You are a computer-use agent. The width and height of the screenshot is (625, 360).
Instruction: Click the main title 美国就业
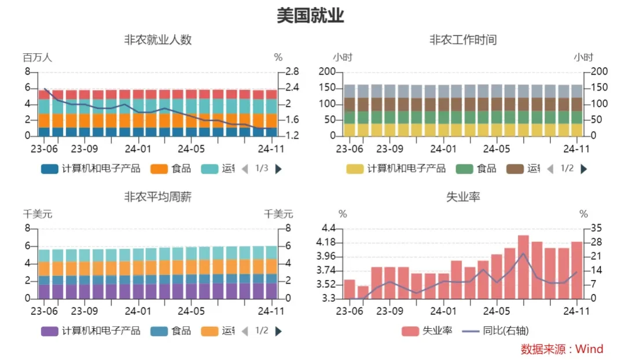tap(311, 16)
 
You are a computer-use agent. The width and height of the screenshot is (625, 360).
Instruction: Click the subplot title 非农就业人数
tap(157, 40)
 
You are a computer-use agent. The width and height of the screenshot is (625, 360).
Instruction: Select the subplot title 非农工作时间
tap(463, 40)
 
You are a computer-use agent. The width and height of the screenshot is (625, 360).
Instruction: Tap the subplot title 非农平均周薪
tap(157, 197)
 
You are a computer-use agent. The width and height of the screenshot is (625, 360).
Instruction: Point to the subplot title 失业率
tap(463, 197)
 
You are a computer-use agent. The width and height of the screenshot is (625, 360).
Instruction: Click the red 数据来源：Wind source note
tap(562, 349)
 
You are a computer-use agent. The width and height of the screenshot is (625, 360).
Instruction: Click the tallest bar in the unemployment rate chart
tap(523, 267)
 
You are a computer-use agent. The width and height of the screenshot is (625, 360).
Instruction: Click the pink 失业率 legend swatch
tap(410, 331)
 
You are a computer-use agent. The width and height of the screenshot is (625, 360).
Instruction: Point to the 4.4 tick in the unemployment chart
tap(328, 229)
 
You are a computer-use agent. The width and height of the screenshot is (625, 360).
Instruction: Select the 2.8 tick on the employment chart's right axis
tap(292, 72)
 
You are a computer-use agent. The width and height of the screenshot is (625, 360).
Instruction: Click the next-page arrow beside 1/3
tap(278, 169)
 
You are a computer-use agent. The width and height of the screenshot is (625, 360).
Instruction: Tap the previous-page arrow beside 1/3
tap(245, 169)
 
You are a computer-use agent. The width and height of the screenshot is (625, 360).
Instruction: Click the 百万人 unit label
tap(38, 57)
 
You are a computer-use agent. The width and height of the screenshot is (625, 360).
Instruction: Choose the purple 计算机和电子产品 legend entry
tap(91, 331)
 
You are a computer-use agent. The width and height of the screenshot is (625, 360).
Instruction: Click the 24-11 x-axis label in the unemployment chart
tap(576, 310)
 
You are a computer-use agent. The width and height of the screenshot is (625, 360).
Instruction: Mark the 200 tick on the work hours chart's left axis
tap(328, 72)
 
